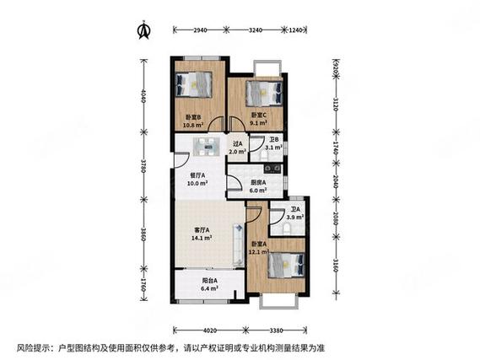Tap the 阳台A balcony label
coord(210,281)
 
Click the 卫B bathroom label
coord(275,141)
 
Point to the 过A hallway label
coord(237,144)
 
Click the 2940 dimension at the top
coord(200,30)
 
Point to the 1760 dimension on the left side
coord(143,286)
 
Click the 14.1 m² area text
coord(200,239)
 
